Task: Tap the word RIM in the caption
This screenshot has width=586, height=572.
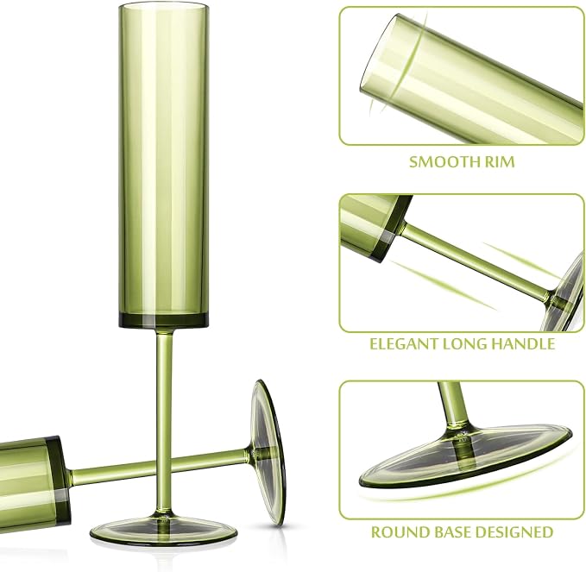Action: [500, 162]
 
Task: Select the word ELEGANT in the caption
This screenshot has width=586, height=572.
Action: [404, 343]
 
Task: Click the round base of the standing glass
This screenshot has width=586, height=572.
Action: [163, 530]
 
